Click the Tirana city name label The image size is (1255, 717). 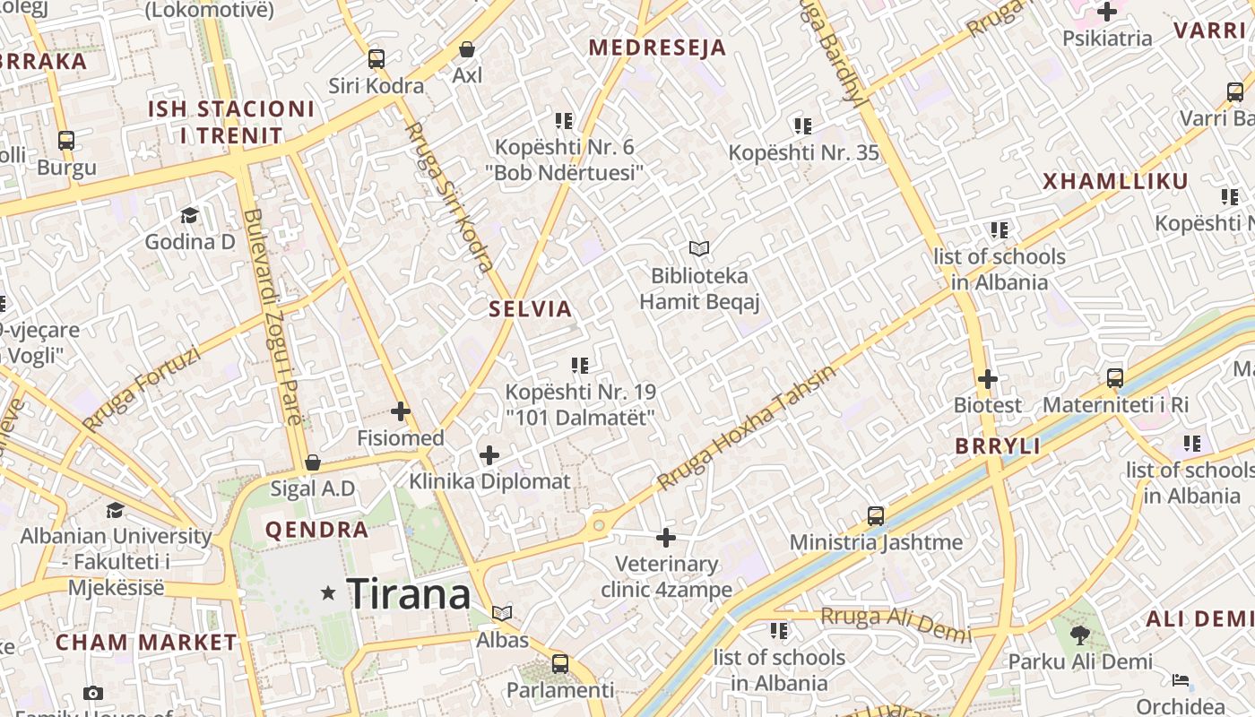coord(408,594)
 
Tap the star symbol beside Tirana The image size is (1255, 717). coord(329,593)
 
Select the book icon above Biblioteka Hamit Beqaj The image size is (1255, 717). coord(699,248)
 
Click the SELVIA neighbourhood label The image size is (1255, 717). coord(530,309)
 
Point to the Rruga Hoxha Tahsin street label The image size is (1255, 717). coord(746,427)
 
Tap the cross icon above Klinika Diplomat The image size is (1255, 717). coord(489,454)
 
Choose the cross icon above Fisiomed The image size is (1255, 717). coord(401,411)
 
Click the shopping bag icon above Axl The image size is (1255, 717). coord(466,48)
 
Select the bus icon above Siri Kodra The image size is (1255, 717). coord(376,59)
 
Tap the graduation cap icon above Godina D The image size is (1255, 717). coord(189,215)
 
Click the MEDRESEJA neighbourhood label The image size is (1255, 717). coord(657,48)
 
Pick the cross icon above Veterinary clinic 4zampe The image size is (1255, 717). coord(665,538)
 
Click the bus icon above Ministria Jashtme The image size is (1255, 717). coord(876,516)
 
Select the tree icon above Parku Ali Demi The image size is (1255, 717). coord(1079,635)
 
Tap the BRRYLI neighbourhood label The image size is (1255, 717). coord(998,445)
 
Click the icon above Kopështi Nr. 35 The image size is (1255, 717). coord(802,126)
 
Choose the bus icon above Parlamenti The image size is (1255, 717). coord(560,664)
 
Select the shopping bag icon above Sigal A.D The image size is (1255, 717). coord(313,462)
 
